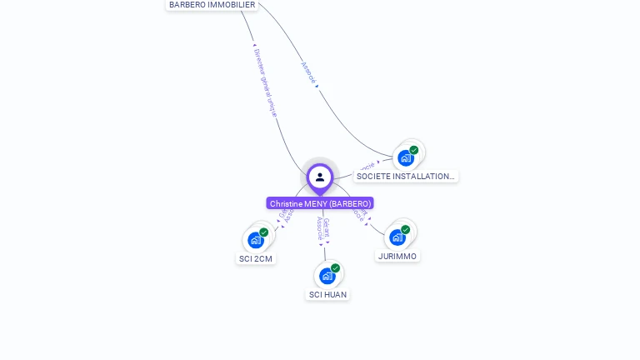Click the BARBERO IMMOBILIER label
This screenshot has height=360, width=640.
(x=212, y=5)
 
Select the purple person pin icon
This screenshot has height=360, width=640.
(x=320, y=177)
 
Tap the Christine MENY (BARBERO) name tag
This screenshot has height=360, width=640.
(x=320, y=203)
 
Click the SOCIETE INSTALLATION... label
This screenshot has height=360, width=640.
(x=406, y=176)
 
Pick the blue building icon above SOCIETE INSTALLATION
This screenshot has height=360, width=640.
(x=405, y=157)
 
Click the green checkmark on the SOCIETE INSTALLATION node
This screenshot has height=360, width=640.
(x=414, y=150)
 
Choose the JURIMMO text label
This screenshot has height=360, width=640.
(x=397, y=256)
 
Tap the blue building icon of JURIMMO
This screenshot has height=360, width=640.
(x=397, y=237)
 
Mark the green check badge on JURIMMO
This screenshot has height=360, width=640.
(x=406, y=229)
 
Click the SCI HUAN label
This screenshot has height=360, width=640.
(x=327, y=294)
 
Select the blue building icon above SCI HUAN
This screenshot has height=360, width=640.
(x=327, y=276)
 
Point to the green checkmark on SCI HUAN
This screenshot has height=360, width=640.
(x=336, y=268)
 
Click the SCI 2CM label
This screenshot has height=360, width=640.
(x=256, y=258)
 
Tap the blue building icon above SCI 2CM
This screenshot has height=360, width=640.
(x=255, y=240)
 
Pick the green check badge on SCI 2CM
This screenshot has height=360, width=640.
(x=264, y=232)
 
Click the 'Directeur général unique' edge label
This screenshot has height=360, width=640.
(x=264, y=80)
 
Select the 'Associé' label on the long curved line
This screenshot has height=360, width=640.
(x=309, y=72)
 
